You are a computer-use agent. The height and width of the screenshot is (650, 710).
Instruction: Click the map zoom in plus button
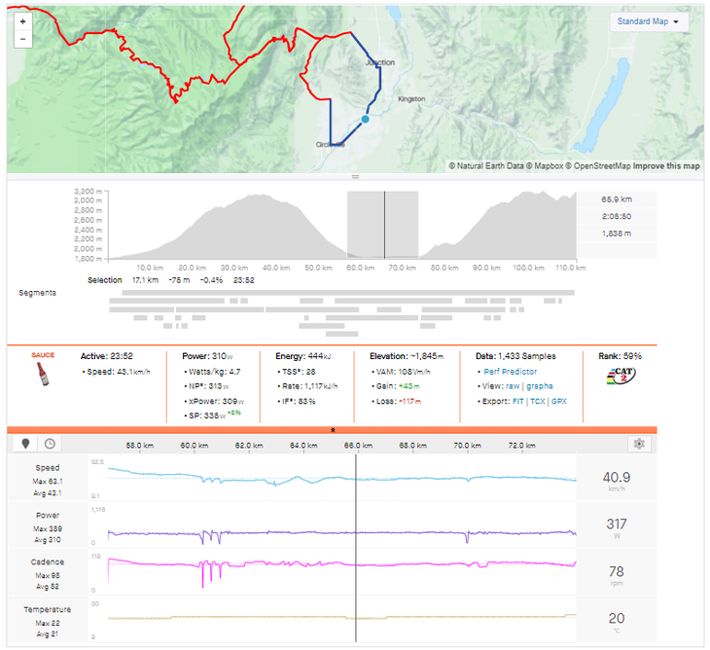22,20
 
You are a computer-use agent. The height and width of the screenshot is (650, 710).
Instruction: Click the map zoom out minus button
22,40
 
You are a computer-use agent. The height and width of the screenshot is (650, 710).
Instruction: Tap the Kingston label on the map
411,99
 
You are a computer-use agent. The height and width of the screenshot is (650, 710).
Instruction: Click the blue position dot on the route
365,119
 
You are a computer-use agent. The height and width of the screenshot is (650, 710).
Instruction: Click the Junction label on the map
380,63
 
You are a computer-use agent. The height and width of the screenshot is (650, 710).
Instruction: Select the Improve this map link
667,165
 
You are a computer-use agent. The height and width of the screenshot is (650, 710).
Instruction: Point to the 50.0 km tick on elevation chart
313,268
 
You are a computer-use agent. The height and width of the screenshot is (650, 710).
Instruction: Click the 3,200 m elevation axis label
89,192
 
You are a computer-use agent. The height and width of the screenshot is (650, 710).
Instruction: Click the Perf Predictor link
509,372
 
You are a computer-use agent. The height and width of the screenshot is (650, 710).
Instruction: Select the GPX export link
559,401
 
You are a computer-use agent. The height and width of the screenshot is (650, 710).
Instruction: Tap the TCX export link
539,401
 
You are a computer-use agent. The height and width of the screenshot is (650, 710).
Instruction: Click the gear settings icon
639,444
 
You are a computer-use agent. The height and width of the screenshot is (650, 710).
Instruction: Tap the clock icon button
48,444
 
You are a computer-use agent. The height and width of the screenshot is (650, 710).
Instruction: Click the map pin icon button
26,444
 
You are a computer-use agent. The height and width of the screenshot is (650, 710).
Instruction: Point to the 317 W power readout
616,530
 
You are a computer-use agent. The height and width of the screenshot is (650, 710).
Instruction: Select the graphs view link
540,386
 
